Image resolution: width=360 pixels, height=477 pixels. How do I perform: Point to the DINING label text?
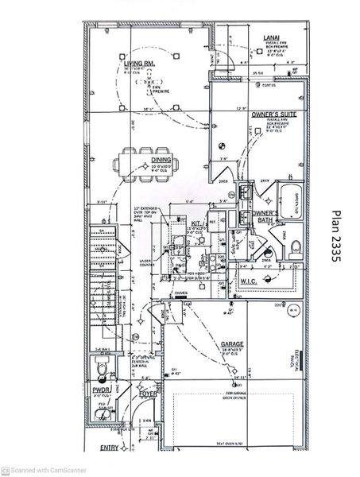(x=161, y=160)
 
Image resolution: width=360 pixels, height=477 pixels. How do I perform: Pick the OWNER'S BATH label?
(x=265, y=217)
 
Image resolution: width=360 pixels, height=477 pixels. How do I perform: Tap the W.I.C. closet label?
(x=247, y=282)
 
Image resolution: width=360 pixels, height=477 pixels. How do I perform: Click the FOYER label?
(x=149, y=393)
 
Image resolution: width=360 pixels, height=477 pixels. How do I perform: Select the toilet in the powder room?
(x=99, y=367)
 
